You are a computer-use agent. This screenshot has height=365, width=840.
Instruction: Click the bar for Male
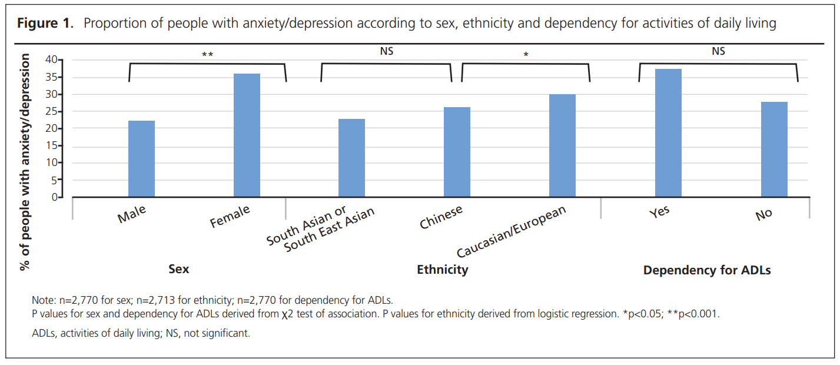(141, 159)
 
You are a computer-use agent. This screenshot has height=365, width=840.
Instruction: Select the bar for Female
(247, 135)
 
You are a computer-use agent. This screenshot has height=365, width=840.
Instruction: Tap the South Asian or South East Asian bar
(351, 158)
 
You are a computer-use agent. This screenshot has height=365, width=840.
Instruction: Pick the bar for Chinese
(457, 152)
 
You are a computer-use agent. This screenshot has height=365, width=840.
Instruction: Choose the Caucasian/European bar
(562, 145)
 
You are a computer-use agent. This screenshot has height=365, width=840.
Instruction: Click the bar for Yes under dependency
(668, 133)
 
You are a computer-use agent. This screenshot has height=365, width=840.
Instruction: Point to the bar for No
(773, 150)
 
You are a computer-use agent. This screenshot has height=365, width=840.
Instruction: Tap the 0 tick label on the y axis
(57, 197)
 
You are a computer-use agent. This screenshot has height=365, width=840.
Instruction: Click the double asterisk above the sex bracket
(207, 55)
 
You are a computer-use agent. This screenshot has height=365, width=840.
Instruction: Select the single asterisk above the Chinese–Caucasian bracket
(526, 55)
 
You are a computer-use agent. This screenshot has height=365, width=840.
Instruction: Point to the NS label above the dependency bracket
(718, 51)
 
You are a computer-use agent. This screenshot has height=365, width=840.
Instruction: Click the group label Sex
(179, 270)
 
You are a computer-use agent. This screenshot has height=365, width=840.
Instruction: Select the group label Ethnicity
(442, 270)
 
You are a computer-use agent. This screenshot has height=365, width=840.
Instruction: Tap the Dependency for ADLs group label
(706, 270)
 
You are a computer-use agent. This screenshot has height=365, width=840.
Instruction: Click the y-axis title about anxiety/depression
(25, 162)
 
